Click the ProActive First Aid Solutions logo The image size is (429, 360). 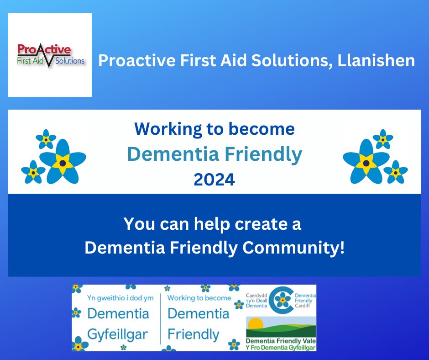coord(50,55)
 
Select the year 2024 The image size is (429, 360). coord(214,180)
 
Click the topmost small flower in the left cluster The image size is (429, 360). coord(46,139)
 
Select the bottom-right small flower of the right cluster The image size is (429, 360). coord(395,172)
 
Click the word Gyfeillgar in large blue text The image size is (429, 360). coord(118,334)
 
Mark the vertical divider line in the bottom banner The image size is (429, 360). coord(161,318)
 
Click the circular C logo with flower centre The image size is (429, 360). coord(283,300)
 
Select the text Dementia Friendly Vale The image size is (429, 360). coord(280,341)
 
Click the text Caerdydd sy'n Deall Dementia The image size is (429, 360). coord(256,300)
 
